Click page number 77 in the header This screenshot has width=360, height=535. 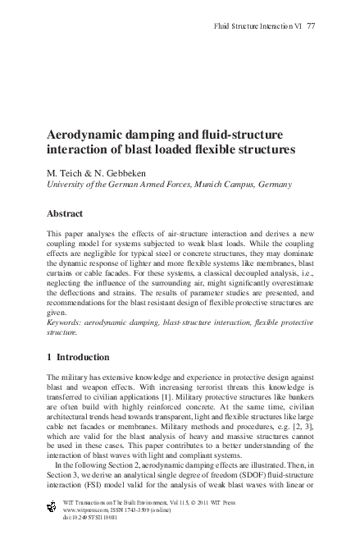[x=311, y=26]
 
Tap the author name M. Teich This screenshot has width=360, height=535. [x=68, y=172]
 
